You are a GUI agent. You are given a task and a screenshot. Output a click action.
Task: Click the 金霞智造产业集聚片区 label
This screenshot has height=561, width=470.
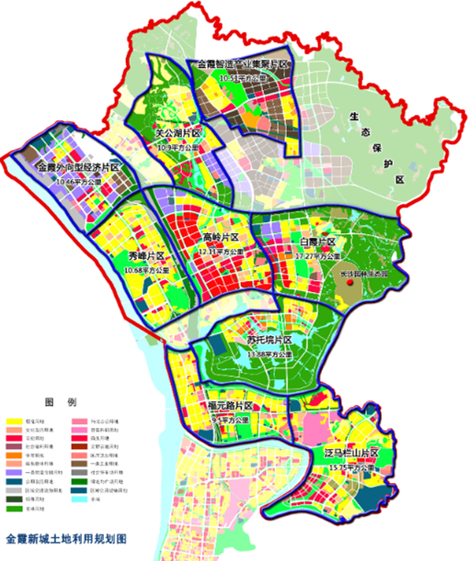pos(243,66)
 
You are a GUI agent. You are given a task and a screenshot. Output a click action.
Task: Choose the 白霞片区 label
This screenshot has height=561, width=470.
pos(318,242)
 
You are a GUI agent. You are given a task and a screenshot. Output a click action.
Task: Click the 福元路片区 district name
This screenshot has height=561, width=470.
pos(231,406)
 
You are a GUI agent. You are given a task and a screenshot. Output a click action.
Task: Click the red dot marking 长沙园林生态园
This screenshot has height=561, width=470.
pos(353,287)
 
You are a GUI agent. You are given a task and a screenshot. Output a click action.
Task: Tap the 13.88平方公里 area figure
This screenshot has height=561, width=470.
pos(268,354)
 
